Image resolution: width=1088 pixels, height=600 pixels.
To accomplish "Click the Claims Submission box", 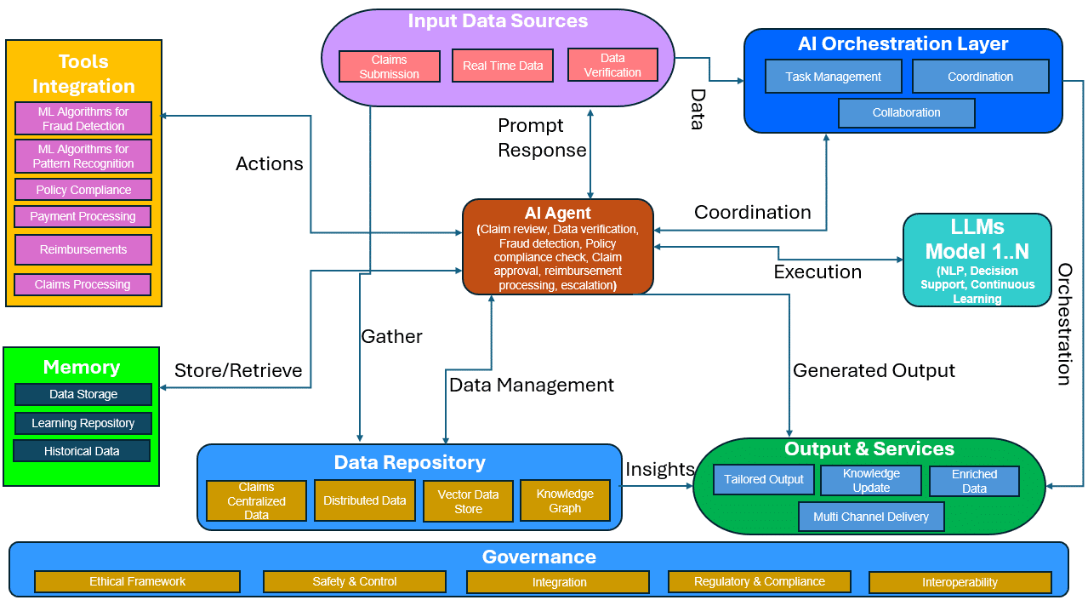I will [x=389, y=66].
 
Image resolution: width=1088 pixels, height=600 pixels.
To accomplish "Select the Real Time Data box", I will [x=503, y=66].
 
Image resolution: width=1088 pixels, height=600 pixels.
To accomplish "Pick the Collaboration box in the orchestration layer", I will [x=906, y=112].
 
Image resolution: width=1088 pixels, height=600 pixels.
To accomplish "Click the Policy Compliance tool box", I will [x=83, y=190].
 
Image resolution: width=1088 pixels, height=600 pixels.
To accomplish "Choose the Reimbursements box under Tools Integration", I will [x=83, y=249].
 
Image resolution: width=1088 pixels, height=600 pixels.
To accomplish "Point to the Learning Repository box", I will [x=83, y=423].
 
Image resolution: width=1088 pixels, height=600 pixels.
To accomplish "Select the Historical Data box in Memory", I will [x=82, y=451].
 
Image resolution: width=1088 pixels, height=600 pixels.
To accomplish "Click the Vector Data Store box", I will [x=468, y=501].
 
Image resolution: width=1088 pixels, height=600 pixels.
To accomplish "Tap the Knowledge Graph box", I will [x=565, y=500].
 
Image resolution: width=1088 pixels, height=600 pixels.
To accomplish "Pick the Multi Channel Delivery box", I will [x=871, y=517].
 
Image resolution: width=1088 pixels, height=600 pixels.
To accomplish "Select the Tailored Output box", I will [x=764, y=479].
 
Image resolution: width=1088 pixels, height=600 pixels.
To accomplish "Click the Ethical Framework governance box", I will [x=137, y=581].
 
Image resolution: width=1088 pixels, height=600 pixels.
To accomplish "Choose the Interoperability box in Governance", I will [x=960, y=582].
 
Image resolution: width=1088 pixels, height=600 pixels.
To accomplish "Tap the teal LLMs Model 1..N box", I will [x=977, y=260].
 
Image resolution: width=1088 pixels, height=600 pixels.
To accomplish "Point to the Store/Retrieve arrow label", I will [x=238, y=370].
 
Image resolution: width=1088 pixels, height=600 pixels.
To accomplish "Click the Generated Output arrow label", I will [x=874, y=370].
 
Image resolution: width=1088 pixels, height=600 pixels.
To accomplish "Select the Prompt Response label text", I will [x=542, y=138].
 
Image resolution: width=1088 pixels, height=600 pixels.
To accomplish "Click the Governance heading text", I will [x=538, y=557].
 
